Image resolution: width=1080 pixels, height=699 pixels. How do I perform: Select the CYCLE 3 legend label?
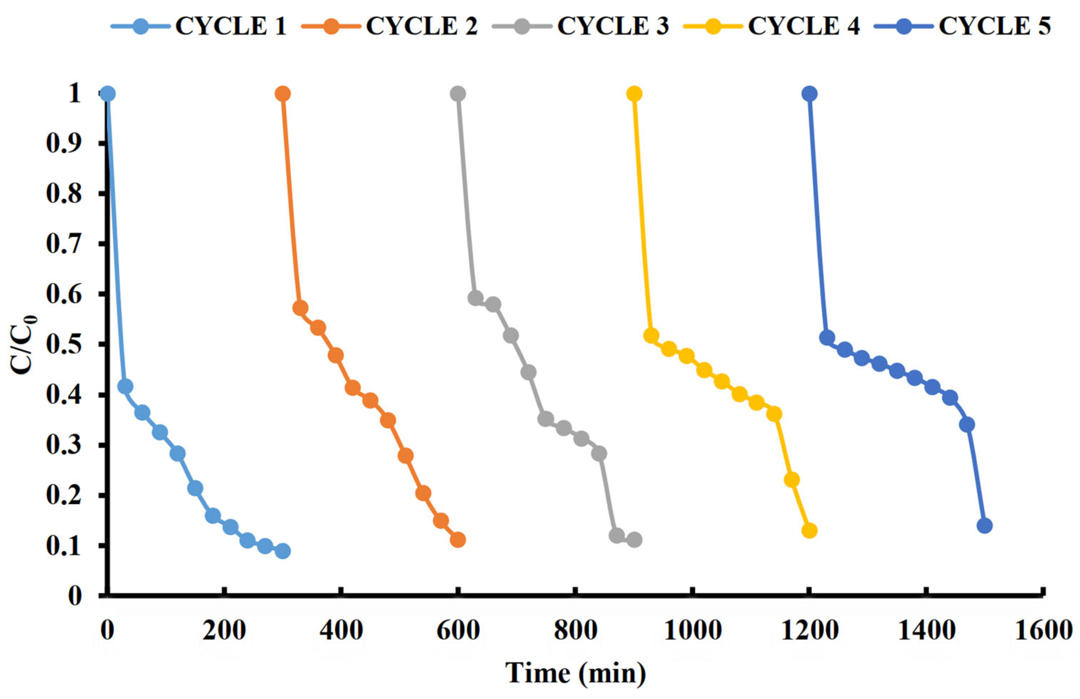click(612, 26)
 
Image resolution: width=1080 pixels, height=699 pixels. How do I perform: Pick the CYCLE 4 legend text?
click(804, 26)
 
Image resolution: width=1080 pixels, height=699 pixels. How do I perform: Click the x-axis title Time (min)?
click(575, 673)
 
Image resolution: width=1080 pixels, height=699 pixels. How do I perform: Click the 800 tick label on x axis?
click(575, 631)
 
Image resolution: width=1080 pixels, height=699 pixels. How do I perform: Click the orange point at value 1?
click(283, 94)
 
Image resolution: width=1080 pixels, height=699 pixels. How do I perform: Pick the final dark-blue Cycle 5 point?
click(984, 526)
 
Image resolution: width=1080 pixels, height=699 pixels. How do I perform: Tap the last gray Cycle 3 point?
click(635, 540)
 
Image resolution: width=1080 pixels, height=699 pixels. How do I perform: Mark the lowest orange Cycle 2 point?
click(458, 540)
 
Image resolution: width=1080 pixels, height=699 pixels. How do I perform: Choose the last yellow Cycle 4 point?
click(809, 531)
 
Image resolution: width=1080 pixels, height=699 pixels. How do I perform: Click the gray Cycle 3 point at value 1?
click(458, 94)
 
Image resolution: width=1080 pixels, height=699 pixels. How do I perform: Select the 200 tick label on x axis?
click(224, 631)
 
